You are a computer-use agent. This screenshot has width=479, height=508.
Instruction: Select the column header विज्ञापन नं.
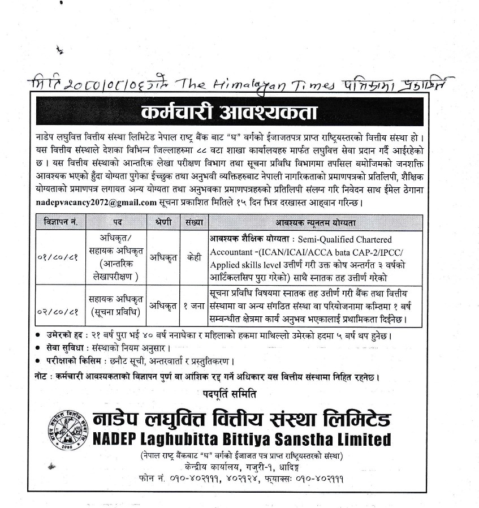coord(59,222)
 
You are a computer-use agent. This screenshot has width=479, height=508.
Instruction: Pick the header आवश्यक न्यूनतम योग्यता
coord(316,222)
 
